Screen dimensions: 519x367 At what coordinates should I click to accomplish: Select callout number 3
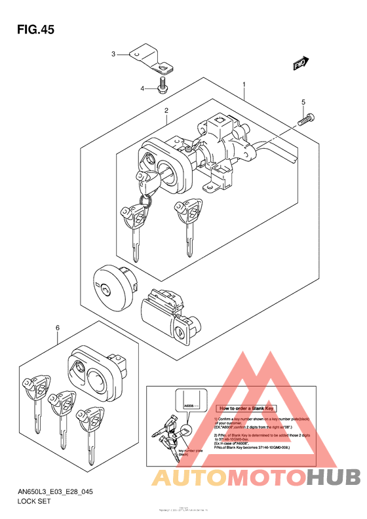(113, 54)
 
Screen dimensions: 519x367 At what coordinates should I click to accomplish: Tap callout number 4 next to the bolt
(141, 88)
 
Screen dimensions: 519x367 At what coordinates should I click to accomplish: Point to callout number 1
(244, 85)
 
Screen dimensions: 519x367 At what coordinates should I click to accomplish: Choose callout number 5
(303, 102)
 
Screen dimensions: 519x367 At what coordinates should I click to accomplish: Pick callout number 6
(58, 328)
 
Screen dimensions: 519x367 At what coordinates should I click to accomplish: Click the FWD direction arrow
(301, 64)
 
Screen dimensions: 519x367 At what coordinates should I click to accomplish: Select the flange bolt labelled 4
(161, 85)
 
